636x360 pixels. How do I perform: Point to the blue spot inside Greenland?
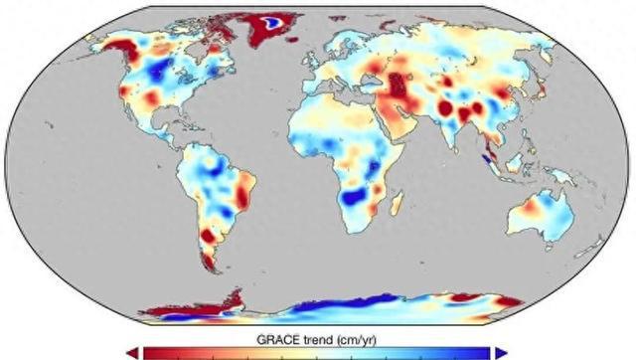coord(269,19)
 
